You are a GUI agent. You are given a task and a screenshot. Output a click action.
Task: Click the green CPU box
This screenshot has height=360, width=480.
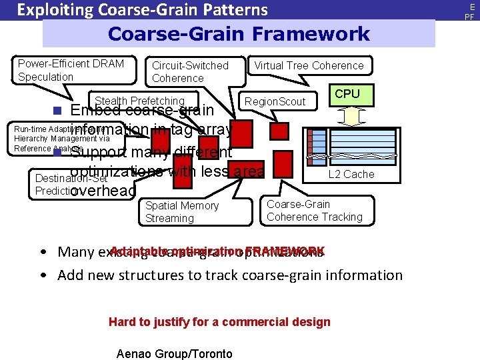point(347,95)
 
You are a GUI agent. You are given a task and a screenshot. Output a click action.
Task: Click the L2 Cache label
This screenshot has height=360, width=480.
point(350,174)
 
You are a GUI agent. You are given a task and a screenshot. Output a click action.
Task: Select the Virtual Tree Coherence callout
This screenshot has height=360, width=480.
point(309,65)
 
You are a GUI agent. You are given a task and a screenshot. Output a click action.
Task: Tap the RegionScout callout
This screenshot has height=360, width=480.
point(275,101)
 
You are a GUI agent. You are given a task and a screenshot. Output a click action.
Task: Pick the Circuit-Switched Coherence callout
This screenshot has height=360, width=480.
point(190,71)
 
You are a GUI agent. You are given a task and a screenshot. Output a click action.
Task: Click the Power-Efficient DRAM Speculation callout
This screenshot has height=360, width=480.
point(71,70)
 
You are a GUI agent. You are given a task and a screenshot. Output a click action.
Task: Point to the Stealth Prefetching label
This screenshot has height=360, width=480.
point(140,101)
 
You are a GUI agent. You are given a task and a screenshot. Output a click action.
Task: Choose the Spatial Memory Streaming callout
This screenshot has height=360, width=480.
point(181,212)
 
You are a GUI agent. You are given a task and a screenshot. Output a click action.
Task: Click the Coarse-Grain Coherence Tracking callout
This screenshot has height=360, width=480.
point(314,211)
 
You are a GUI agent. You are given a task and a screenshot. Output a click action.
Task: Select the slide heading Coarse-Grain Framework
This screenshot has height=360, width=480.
point(239,34)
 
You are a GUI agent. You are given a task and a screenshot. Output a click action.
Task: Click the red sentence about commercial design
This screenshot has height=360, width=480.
point(219,322)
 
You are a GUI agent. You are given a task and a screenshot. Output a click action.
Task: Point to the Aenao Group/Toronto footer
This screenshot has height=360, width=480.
point(174,354)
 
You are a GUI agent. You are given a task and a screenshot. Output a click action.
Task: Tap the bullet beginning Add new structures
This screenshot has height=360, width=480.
point(230,275)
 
